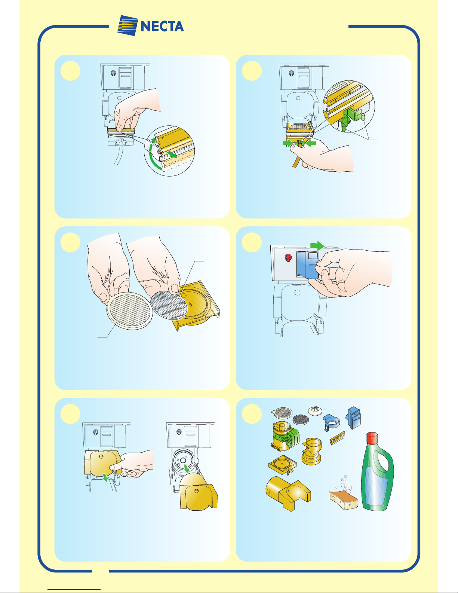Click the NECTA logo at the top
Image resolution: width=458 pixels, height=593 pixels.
coord(150,26)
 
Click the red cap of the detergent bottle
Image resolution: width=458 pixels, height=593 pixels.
coord(372,438)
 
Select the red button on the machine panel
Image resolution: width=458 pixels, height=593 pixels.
coord(288,258)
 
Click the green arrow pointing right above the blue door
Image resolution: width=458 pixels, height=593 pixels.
coord(317,245)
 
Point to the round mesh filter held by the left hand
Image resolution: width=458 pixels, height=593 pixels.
coord(129,311)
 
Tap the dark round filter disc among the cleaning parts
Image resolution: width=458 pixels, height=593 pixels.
coord(301,419)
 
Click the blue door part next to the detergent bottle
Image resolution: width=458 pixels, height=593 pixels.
coord(354,418)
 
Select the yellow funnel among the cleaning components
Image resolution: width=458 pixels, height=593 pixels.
coord(311,451)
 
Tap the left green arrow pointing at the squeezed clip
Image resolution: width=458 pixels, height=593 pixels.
coord(288,143)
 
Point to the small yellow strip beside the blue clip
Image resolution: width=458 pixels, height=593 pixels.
coord(338,438)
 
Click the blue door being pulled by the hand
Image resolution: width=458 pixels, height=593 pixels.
coord(307,265)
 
